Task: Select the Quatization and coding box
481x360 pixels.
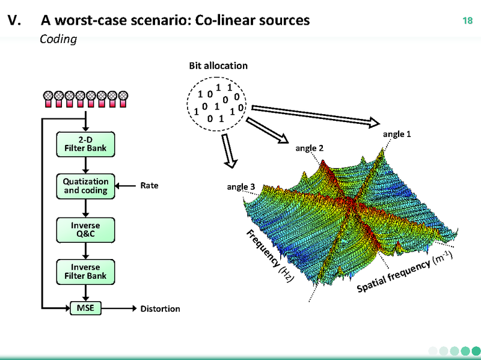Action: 86,186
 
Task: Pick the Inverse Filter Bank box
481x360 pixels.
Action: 86,272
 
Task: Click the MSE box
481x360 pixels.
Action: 86,308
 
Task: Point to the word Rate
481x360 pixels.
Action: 149,186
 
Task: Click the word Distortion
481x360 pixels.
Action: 160,309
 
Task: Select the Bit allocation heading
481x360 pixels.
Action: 218,66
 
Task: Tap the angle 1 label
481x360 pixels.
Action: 397,134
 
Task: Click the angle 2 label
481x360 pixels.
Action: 309,148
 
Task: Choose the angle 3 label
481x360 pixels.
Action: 241,187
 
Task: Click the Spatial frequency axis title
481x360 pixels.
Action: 403,273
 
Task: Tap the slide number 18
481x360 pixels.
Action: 467,22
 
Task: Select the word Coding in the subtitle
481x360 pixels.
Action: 58,40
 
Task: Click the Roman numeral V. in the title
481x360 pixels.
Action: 14,21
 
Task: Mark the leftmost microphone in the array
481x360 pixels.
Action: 48,99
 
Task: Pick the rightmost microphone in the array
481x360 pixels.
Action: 123,99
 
